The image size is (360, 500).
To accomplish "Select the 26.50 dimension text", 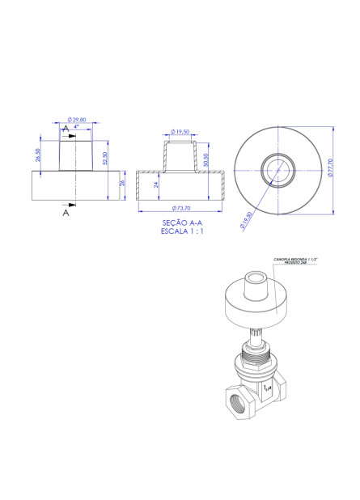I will pyautogui.click(x=38, y=155).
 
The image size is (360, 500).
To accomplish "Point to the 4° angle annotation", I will pyautogui.click(x=76, y=127).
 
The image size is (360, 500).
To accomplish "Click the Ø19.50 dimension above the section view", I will pyautogui.click(x=180, y=131).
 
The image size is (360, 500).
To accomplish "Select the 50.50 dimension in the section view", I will pyautogui.click(x=206, y=159).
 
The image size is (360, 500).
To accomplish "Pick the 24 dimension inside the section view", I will pyautogui.click(x=156, y=184).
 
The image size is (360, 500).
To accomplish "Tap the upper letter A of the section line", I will pyautogui.click(x=65, y=128).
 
